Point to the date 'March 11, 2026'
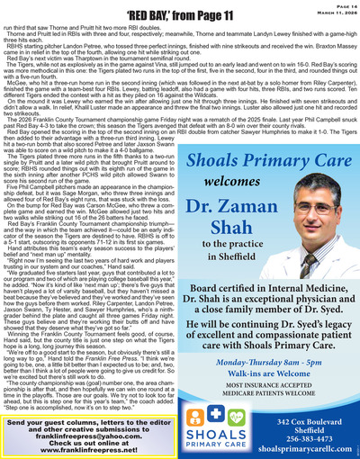[x=334, y=12]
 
